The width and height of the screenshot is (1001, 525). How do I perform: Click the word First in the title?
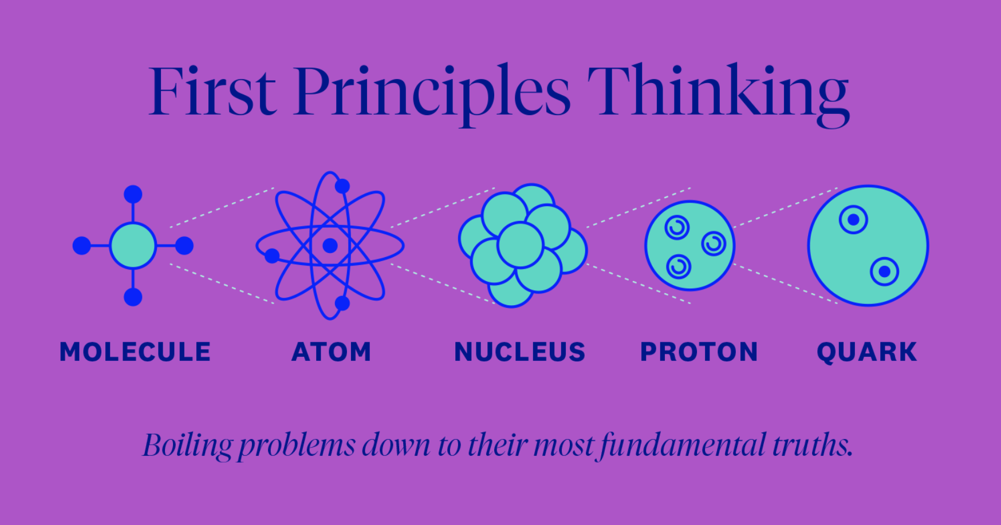tap(212, 92)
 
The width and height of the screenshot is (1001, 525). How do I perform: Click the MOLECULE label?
tap(135, 352)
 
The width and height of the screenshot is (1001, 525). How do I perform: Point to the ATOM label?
tap(332, 352)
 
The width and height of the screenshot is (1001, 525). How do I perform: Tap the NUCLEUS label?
tap(520, 352)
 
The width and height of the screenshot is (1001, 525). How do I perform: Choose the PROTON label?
tap(699, 352)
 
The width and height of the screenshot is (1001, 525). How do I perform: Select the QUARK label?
tap(866, 352)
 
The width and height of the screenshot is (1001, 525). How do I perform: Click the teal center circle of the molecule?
tap(133, 246)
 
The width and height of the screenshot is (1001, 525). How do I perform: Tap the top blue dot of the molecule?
tap(133, 194)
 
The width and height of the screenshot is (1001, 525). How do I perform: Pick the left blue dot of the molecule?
tap(82, 246)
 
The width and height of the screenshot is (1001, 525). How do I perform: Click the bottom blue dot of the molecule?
tap(133, 297)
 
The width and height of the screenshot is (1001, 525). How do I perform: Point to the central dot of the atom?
tap(330, 246)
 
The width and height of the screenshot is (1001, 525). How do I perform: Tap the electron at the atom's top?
tap(342, 186)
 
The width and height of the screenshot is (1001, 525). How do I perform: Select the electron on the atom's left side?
tap(272, 255)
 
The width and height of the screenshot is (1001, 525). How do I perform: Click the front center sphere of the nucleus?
tap(520, 245)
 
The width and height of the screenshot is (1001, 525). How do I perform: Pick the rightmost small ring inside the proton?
tap(714, 244)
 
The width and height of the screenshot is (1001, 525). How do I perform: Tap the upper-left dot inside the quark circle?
tap(853, 220)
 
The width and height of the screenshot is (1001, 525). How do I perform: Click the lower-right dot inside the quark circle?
tap(884, 271)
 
